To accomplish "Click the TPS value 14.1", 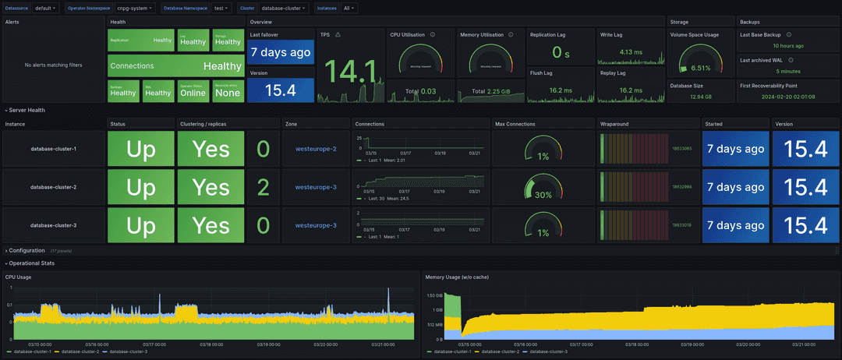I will [x=350, y=72].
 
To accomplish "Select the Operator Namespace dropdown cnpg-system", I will [x=135, y=8].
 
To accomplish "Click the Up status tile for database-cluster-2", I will [x=140, y=188].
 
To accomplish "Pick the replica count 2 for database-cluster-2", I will [x=263, y=188].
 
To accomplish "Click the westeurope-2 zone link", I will [x=316, y=149].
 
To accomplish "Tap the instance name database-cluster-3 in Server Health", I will [x=53, y=225].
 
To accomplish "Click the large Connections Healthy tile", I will [x=175, y=66].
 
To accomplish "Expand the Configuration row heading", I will [x=27, y=251].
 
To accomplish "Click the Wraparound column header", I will [x=614, y=123].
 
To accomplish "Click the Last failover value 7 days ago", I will [x=281, y=52].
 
